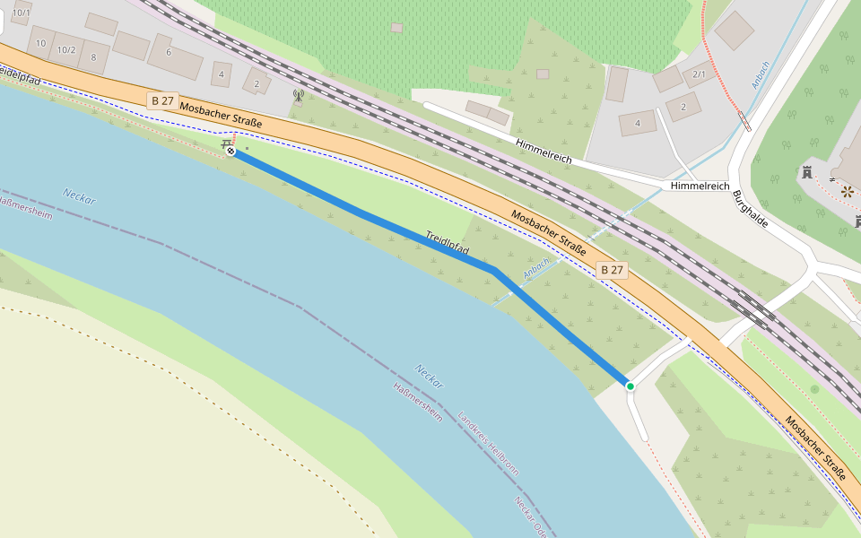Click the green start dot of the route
[631, 386]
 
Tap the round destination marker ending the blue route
[231, 152]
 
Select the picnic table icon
[227, 143]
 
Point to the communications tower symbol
[299, 94]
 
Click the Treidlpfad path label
[448, 244]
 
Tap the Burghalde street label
[749, 208]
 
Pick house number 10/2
[66, 49]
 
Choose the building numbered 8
[93, 56]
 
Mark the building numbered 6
[168, 52]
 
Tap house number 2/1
[700, 74]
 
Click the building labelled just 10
[40, 42]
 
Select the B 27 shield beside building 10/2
[162, 101]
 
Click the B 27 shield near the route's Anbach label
[612, 270]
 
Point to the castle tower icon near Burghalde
[806, 172]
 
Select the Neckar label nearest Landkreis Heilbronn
[430, 377]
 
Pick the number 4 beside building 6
[222, 74]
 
